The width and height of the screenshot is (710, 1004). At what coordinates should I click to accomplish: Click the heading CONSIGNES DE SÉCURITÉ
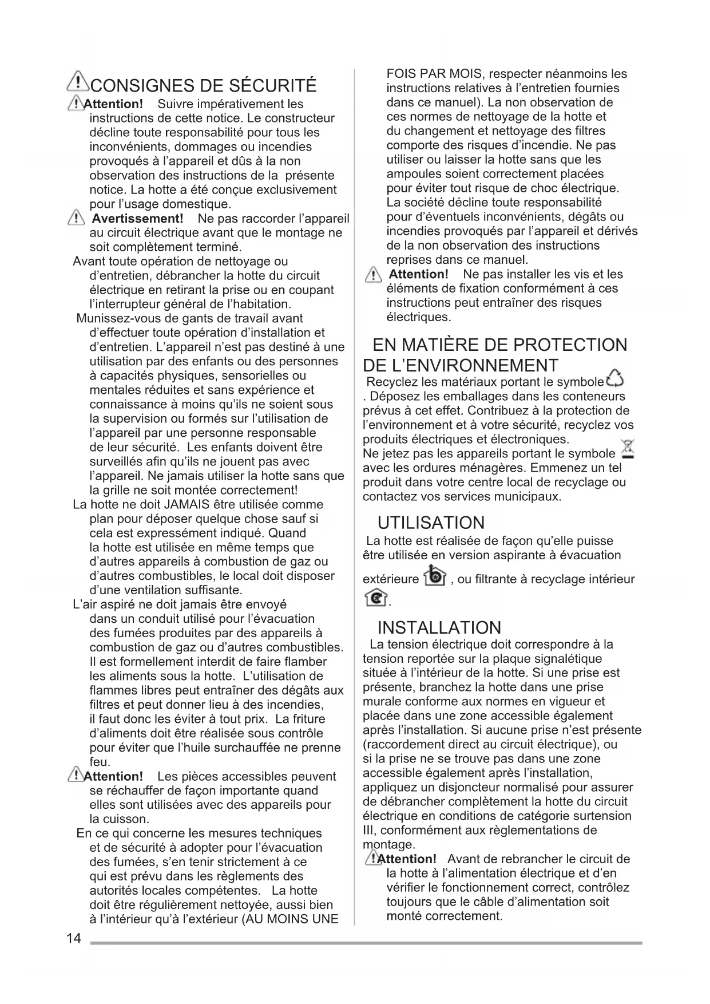203,86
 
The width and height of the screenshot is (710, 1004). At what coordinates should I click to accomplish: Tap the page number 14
74,938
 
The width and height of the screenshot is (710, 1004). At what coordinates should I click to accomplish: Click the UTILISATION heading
431,523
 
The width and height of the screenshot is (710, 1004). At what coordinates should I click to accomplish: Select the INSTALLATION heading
439,627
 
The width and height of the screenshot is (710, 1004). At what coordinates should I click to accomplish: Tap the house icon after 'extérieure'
434,576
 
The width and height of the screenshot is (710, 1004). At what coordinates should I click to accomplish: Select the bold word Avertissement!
137,219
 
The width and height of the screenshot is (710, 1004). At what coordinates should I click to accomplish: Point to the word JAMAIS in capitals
187,505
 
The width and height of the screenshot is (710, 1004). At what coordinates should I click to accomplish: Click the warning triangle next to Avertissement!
76,218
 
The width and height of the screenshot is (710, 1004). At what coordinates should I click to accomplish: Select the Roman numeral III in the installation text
369,831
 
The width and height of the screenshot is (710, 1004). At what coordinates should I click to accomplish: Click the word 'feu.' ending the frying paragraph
100,762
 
